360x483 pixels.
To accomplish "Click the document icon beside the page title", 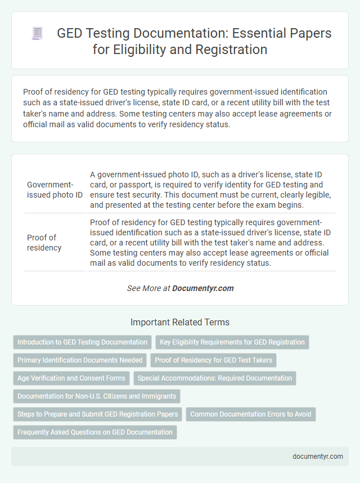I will click(x=37, y=34).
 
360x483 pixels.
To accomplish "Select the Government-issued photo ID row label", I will click(x=54, y=190).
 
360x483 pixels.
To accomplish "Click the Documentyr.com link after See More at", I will click(x=202, y=288).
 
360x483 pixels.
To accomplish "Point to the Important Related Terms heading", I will click(x=179, y=323).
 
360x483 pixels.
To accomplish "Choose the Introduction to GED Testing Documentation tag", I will click(x=82, y=342).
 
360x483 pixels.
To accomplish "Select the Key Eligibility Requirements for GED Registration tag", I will click(x=232, y=342).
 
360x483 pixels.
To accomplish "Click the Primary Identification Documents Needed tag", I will click(x=80, y=360).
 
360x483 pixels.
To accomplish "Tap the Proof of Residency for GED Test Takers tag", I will click(x=213, y=360).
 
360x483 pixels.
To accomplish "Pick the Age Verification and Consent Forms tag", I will click(x=71, y=378).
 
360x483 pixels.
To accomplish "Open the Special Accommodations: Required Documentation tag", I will click(x=214, y=378).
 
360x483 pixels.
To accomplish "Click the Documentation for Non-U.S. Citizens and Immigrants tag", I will click(x=96, y=396).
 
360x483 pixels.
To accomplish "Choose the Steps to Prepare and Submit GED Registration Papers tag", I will click(x=97, y=414).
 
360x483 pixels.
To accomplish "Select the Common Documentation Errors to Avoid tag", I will click(x=251, y=414).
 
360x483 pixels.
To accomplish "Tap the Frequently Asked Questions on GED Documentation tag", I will click(x=94, y=432).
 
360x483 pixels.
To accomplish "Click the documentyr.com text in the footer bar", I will click(x=318, y=457).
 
